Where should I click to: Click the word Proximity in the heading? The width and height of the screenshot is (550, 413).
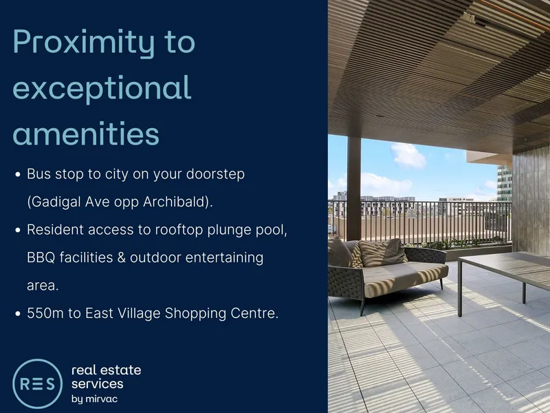[83, 43]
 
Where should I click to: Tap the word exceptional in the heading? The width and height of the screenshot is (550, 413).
[102, 89]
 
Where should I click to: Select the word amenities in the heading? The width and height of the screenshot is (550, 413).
[86, 134]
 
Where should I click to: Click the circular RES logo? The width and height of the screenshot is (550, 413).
[38, 383]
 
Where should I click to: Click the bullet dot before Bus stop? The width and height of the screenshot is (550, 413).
[18, 174]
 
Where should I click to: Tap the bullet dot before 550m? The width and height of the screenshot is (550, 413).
[18, 314]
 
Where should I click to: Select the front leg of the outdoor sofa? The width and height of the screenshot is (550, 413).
[362, 307]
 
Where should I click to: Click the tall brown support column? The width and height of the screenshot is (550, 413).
[354, 189]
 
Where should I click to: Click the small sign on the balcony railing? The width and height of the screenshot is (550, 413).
[411, 213]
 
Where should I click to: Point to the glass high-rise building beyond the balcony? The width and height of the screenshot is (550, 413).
[505, 183]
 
